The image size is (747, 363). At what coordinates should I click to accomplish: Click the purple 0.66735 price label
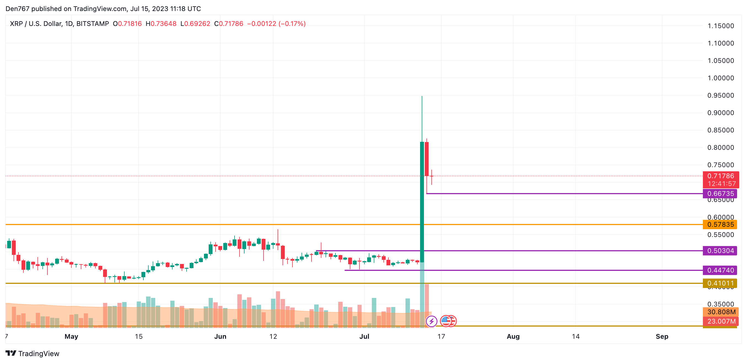tap(720, 194)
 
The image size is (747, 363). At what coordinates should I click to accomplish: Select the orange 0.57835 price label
tap(720, 225)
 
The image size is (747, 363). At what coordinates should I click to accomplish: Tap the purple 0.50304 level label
tap(720, 251)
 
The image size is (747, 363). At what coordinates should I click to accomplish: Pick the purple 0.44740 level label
tap(720, 270)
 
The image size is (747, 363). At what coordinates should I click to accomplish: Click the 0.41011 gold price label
tap(720, 283)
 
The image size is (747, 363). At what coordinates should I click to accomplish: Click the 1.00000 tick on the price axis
tap(721, 78)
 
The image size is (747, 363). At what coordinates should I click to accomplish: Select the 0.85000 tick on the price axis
tap(721, 130)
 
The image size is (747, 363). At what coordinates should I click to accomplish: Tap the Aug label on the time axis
tap(513, 337)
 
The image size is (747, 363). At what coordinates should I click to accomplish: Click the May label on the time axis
tap(71, 337)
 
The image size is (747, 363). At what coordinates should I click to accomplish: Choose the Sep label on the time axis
tap(662, 337)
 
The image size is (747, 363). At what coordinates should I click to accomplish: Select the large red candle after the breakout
tap(427, 159)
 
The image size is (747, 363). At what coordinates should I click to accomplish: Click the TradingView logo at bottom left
tap(33, 353)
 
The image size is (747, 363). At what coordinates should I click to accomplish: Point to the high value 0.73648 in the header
tap(163, 24)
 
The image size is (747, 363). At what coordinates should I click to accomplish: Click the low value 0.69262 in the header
tap(197, 24)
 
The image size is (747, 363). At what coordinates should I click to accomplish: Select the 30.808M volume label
tap(721, 312)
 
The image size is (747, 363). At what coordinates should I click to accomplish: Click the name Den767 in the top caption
tap(17, 9)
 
